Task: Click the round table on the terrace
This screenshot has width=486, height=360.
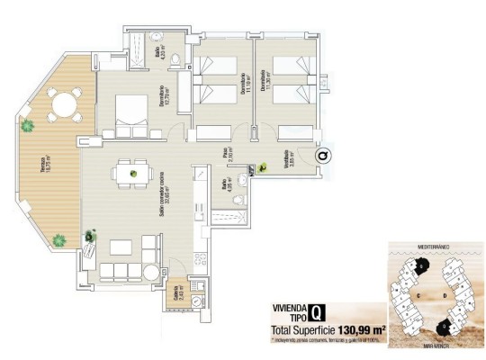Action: pos(64,106)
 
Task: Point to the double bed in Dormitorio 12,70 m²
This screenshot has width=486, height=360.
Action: pos(128,113)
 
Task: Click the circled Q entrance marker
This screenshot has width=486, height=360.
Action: pos(321,157)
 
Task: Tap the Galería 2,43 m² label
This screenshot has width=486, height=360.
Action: pos(176,294)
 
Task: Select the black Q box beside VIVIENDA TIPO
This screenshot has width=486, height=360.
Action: pos(317,314)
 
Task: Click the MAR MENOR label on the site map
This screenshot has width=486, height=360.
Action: pos(433,346)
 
